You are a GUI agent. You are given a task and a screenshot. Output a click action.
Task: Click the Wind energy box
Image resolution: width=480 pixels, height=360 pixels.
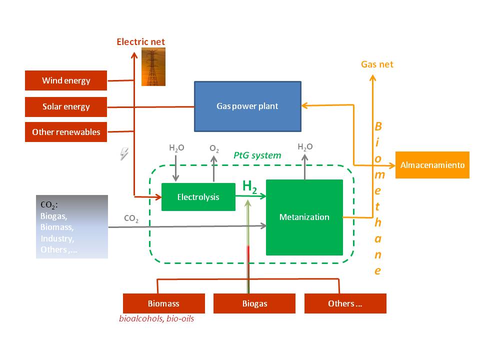tap(66, 80)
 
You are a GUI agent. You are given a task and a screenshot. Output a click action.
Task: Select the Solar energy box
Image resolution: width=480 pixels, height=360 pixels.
tap(66, 106)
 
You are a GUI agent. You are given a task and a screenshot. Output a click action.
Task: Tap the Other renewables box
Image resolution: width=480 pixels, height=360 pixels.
tap(66, 132)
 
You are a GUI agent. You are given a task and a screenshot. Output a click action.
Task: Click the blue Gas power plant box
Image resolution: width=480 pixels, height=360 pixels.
tap(247, 106)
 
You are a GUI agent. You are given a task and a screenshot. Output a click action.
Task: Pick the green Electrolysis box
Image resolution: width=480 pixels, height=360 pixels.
tap(198, 197)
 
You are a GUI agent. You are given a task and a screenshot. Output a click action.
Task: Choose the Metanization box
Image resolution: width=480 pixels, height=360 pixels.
tap(304, 217)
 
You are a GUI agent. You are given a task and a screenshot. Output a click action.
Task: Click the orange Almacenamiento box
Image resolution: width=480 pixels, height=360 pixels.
tap(432, 165)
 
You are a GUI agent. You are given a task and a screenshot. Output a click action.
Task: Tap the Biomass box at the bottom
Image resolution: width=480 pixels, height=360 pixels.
tap(163, 303)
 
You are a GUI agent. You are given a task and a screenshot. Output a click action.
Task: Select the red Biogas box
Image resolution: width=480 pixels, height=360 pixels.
tap(254, 303)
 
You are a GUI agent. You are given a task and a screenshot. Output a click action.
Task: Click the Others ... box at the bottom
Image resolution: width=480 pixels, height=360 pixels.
tap(345, 303)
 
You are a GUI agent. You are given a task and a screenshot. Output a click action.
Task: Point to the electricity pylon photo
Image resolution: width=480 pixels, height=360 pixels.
tap(153, 67)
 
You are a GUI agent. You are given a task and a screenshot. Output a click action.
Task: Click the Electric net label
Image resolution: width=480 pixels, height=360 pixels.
tap(140, 42)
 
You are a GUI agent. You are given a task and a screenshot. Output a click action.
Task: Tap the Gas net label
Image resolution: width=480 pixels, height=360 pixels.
tap(377, 64)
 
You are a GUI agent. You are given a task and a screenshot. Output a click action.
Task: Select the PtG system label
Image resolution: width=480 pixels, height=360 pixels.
tap(257, 155)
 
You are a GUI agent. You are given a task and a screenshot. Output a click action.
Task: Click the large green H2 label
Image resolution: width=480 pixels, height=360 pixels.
tap(249, 186)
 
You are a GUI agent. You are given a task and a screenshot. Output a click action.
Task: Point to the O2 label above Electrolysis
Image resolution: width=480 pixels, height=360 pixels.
tap(214, 149)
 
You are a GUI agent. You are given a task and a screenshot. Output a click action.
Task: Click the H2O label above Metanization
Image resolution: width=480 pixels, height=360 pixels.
tap(305, 147)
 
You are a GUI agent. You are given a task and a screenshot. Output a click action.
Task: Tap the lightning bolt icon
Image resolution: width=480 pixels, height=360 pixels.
tap(124, 154)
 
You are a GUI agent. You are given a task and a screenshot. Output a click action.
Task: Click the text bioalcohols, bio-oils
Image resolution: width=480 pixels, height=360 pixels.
tap(156, 318)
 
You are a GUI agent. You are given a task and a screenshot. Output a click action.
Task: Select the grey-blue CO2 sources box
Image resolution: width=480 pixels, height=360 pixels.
tap(72, 226)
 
